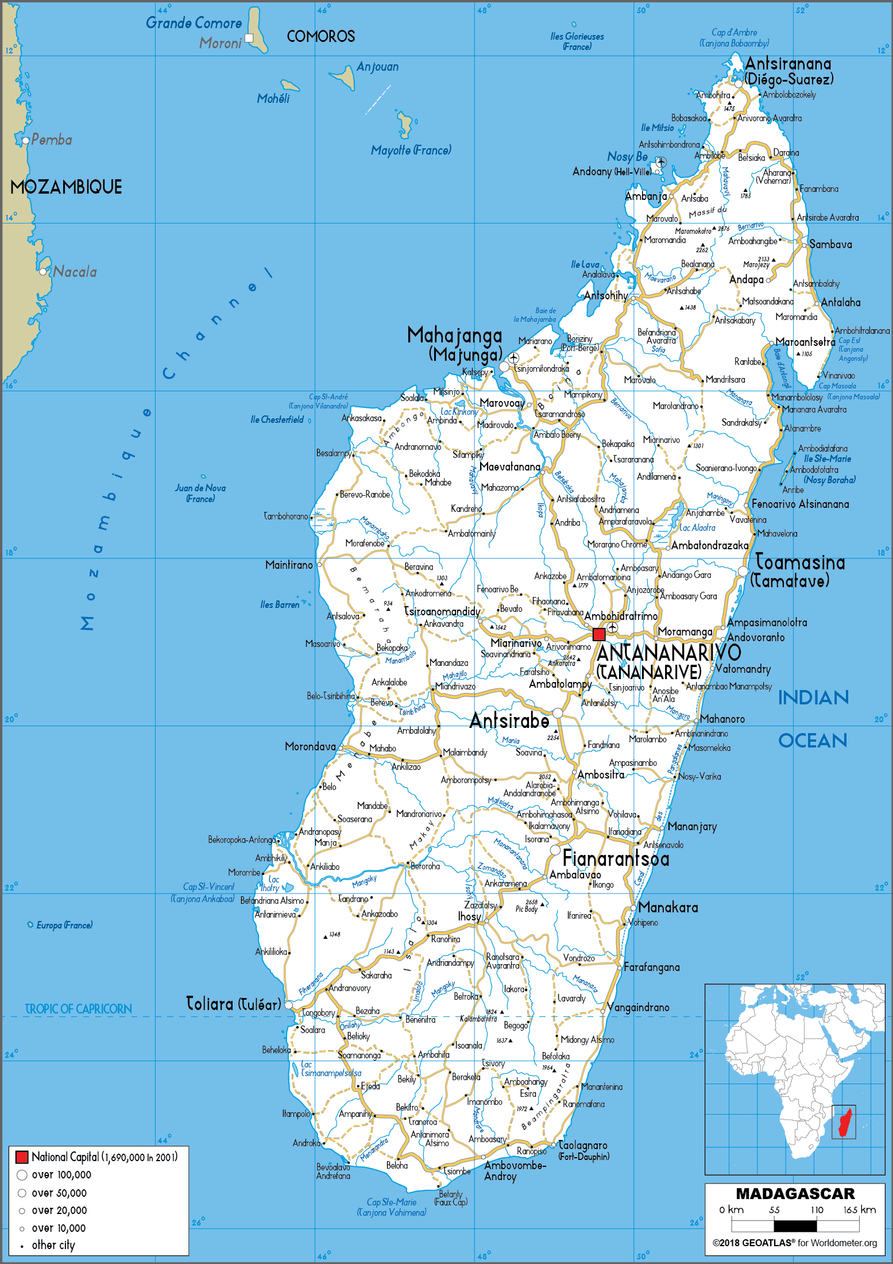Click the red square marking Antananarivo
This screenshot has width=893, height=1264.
(x=599, y=634)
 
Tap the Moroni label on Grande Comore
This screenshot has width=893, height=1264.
(x=221, y=43)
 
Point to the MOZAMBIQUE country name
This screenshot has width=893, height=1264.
(x=66, y=187)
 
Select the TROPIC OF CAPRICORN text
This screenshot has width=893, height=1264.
(x=78, y=1009)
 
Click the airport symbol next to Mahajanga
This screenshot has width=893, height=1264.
(x=513, y=359)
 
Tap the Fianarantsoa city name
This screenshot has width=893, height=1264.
(x=616, y=858)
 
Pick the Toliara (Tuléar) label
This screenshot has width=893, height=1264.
(x=234, y=1004)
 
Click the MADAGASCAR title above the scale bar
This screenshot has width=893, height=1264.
(x=795, y=1194)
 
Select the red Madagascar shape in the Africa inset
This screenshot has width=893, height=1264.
(x=844, y=1123)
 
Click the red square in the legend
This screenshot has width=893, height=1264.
(x=22, y=1157)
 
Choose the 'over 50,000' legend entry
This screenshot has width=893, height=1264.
(x=59, y=1193)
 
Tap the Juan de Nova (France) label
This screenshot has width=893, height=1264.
(x=200, y=493)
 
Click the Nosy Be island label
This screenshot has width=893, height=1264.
(x=627, y=156)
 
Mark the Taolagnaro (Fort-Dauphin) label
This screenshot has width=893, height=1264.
(x=583, y=1150)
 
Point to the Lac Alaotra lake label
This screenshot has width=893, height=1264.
(x=697, y=527)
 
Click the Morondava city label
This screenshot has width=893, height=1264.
(x=310, y=746)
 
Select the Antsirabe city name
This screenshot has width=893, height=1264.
(x=509, y=720)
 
